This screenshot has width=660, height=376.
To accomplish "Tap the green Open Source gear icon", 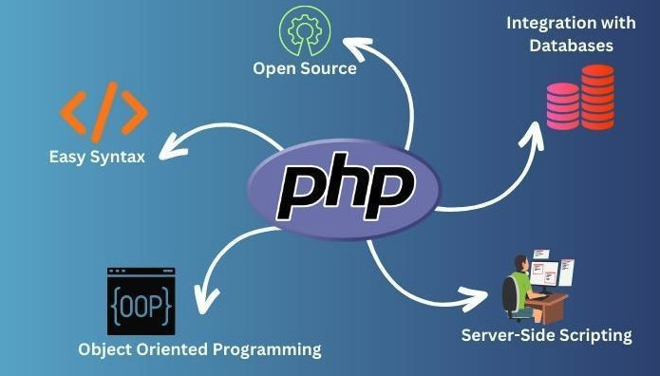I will [x=303, y=32].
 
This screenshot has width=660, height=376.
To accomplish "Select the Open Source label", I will [x=304, y=68].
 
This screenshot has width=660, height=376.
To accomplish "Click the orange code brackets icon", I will [x=104, y=111].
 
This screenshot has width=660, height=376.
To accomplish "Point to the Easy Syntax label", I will [x=97, y=155].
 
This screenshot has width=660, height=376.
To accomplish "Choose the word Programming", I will [x=268, y=349].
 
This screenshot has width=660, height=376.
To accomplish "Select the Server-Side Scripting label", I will [x=546, y=334].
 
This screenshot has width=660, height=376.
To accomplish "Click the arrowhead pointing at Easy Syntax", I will [x=168, y=148].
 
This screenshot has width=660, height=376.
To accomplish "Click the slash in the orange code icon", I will [x=104, y=111].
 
